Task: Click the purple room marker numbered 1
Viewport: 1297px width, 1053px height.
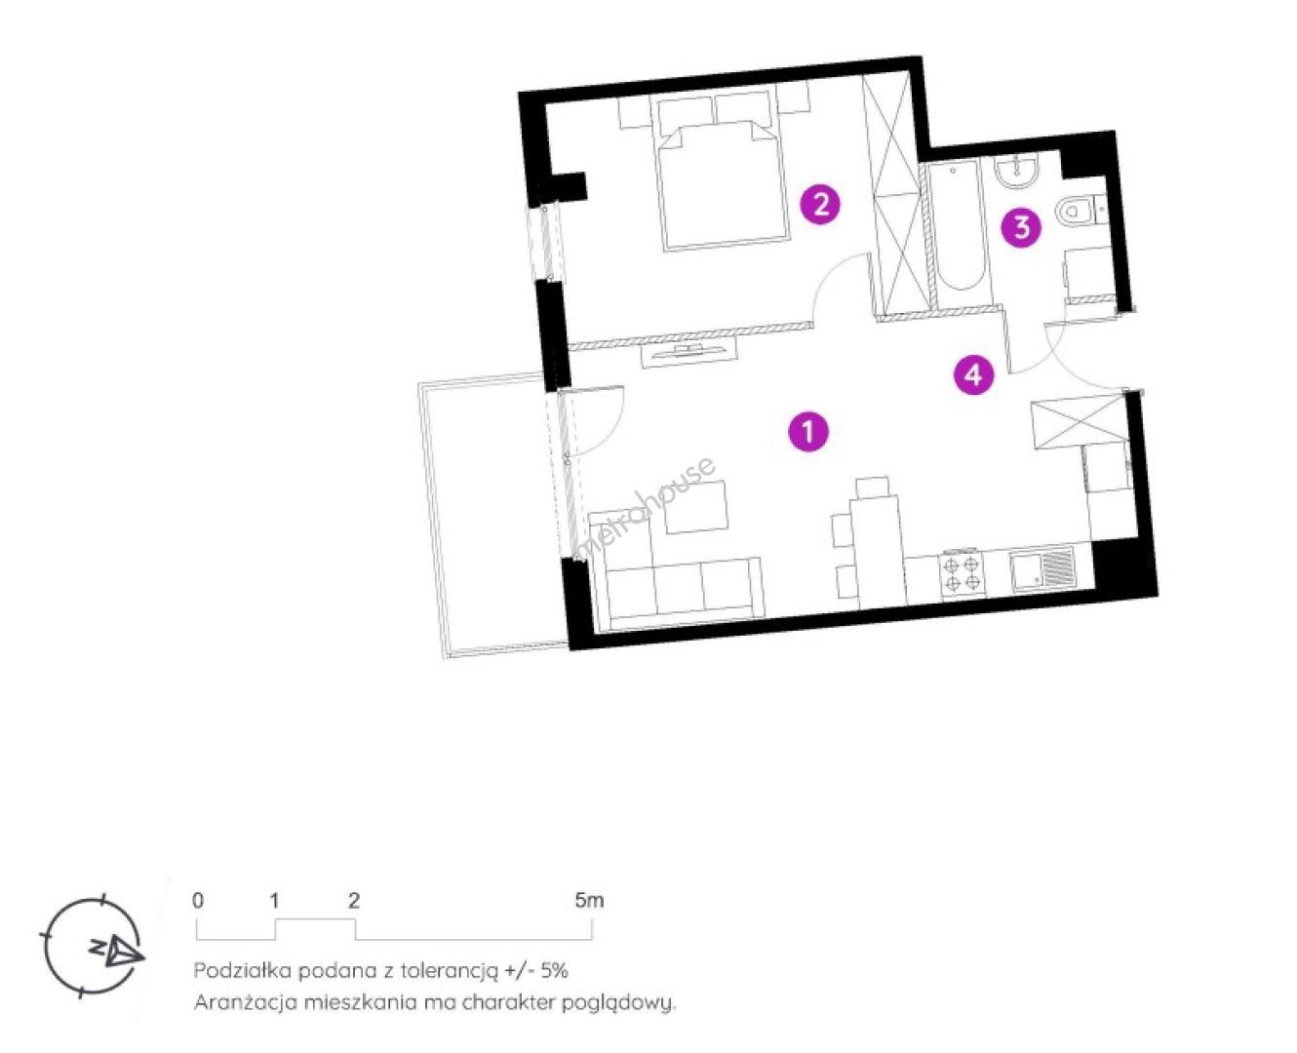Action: point(808,432)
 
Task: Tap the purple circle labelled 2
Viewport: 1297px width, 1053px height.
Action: point(820,205)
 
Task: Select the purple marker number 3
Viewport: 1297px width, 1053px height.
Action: point(1021,227)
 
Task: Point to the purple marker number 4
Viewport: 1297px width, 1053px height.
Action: point(973,374)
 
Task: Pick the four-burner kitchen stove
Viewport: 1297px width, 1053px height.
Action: point(963,572)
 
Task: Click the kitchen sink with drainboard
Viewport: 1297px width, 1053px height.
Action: point(1042,568)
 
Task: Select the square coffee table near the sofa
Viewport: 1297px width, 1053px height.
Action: point(695,506)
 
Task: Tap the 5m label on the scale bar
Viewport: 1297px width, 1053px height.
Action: point(589,900)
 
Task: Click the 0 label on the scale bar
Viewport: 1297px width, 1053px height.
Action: point(198,900)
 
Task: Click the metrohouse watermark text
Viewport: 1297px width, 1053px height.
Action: point(646,506)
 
